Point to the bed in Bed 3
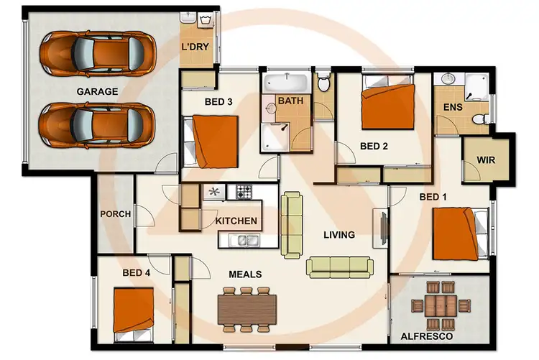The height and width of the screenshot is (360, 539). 213,140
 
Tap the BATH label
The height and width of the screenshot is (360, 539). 291,101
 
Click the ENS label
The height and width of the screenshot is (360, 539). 452,108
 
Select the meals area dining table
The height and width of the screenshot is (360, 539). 247,308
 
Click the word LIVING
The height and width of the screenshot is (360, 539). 338,234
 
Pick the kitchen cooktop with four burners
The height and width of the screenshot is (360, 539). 244,192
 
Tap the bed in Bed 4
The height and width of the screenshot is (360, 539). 134,311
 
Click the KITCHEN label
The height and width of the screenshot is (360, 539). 236,221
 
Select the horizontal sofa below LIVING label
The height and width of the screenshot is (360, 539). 340,267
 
